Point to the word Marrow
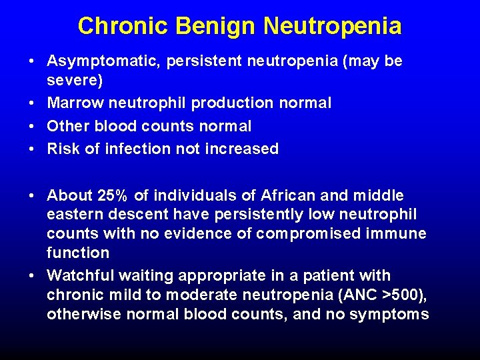[73, 103]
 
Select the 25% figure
[115, 195]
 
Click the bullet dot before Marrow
[32, 103]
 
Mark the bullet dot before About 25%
[32, 195]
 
